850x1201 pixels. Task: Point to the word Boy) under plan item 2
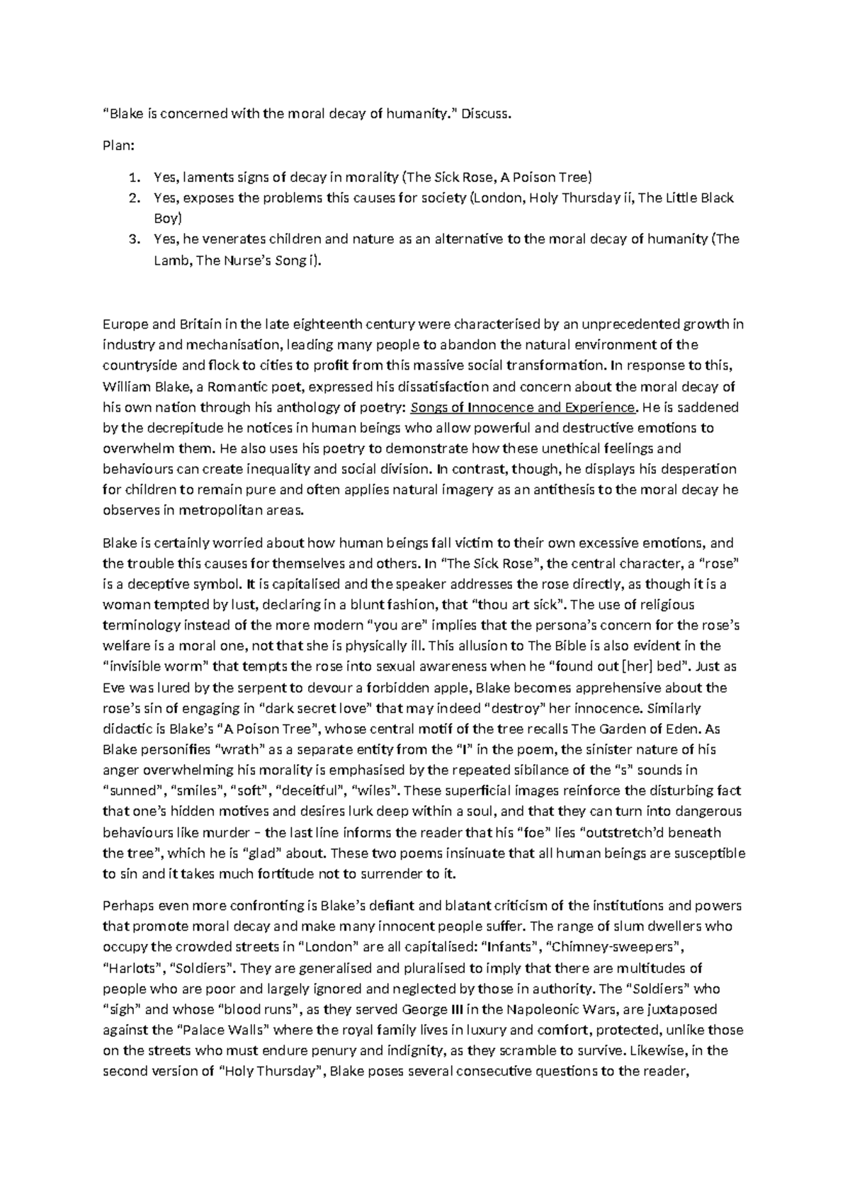(168, 218)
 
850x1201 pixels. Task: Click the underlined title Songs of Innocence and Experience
(523, 408)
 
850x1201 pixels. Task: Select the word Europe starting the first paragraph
(125, 325)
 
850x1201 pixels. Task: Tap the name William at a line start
(125, 387)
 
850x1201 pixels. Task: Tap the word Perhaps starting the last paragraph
(127, 906)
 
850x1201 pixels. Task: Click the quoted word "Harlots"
(131, 968)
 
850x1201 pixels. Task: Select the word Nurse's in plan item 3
(249, 261)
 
